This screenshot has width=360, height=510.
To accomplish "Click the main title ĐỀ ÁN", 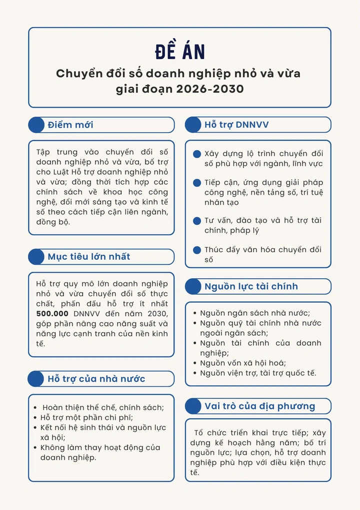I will tap(179, 52).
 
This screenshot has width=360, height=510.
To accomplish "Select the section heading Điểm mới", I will tap(70, 125).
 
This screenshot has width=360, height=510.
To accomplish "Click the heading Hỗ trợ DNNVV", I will tap(236, 125).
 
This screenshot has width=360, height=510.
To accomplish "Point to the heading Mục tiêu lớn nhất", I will tap(89, 257).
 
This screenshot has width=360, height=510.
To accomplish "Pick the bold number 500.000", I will tap(52, 313).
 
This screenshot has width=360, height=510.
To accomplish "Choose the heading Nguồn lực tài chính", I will tap(251, 286).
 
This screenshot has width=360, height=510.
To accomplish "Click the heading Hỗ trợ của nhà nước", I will tap(96, 378).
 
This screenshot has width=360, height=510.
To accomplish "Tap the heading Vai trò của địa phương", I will tap(260, 406).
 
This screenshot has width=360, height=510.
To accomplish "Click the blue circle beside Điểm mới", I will tap(36, 125).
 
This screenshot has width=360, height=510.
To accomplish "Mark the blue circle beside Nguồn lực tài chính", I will tap(193, 286).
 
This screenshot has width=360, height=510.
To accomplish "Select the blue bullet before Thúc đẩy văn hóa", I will tap(197, 250).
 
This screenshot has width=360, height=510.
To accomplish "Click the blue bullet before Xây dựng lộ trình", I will tap(197, 154).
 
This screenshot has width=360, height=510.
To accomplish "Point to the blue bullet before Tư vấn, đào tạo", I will tap(197, 221).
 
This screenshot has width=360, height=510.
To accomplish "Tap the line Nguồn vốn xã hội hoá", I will tap(243, 363).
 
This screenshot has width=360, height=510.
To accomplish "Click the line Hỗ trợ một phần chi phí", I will tap(86, 417).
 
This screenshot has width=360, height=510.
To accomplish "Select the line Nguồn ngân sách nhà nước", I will tap(255, 313).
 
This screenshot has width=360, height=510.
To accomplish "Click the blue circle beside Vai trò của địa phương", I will tap(193, 406).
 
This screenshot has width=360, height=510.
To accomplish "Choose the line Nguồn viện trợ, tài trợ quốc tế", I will tap(258, 373).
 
